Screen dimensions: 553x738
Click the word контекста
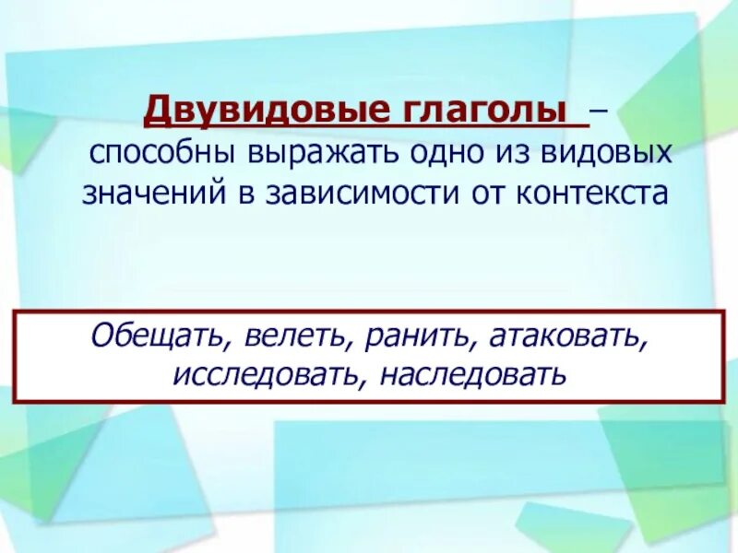pos(594,193)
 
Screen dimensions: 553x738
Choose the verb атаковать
pos(567,336)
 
